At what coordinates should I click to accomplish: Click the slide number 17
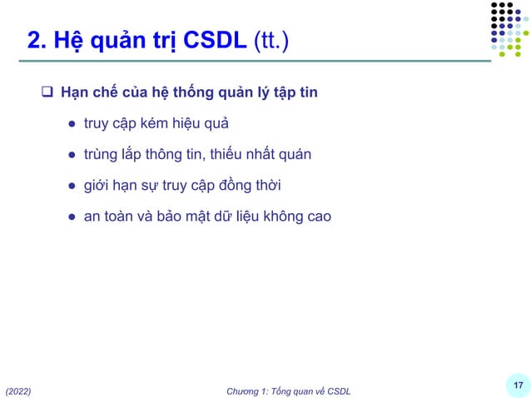point(518,385)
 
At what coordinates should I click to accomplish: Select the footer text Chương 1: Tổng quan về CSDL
point(288,391)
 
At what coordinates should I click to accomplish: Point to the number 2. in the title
point(37,39)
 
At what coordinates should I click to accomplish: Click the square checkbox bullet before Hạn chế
point(47,92)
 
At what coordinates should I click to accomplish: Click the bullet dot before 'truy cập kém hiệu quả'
point(72,124)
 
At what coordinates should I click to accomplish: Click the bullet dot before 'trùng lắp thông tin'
point(72,155)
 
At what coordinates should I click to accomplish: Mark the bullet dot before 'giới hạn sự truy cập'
point(72,186)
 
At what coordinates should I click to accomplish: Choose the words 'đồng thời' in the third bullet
point(253,185)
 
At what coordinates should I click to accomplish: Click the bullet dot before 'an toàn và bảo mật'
point(72,216)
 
